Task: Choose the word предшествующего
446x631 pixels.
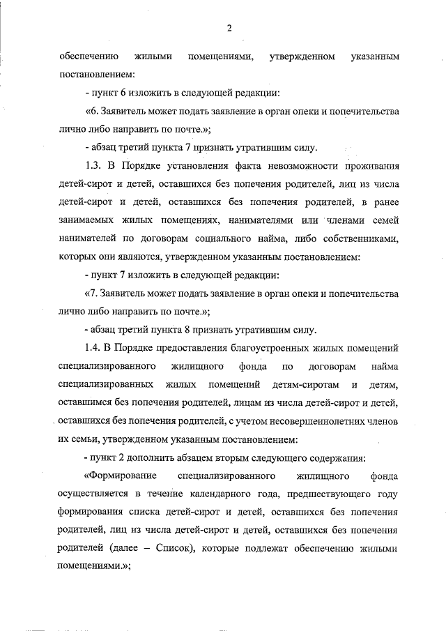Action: (325, 494)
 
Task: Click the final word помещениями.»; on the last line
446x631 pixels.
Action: (95, 567)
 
